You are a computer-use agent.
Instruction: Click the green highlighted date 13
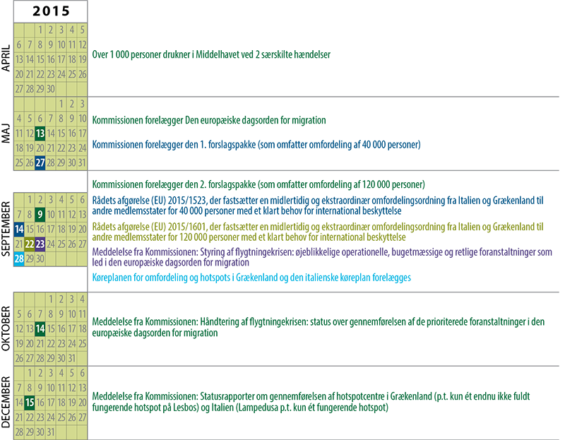(40, 133)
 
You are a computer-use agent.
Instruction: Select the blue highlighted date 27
(40, 162)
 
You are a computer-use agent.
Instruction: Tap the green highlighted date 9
(40, 213)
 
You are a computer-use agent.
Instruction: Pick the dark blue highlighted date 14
(18, 229)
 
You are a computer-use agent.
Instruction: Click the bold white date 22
(29, 244)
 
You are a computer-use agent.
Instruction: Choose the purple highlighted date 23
(40, 244)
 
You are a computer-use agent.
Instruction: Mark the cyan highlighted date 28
(18, 258)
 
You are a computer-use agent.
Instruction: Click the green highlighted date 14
(40, 328)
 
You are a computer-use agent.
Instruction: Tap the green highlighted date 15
(29, 402)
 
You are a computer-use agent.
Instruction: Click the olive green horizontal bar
(318, 230)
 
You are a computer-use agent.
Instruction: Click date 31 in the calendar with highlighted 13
(83, 162)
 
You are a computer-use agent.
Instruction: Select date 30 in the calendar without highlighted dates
(51, 88)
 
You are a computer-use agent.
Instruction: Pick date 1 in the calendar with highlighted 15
(29, 372)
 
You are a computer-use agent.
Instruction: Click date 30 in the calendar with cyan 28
(40, 258)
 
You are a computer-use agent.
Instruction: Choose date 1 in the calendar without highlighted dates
(40, 30)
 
